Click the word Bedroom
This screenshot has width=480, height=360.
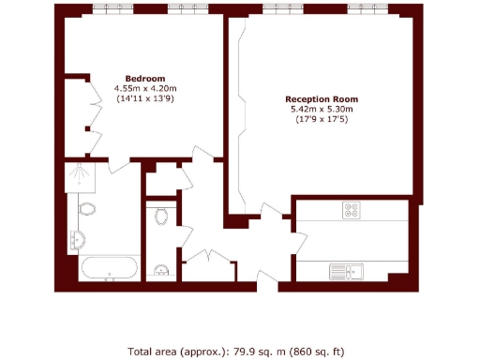145,78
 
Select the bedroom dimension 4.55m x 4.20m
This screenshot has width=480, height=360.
145,88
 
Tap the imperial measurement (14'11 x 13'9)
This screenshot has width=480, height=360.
145,98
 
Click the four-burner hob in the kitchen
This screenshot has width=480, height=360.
352,211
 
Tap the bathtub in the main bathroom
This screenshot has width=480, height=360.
110,270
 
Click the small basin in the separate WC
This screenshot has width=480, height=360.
160,272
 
